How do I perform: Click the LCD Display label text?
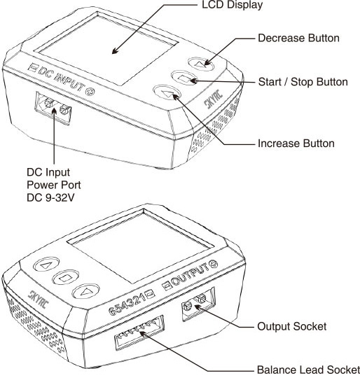click(x=232, y=6)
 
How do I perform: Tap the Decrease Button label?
click(x=298, y=38)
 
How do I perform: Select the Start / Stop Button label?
click(x=303, y=82)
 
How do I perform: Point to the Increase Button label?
click(x=296, y=143)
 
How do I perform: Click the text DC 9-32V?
click(x=50, y=198)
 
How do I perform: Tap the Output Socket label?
click(x=292, y=326)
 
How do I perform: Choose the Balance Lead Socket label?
click(x=308, y=370)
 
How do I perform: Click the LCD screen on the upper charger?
click(x=107, y=50)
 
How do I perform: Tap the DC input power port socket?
click(x=53, y=108)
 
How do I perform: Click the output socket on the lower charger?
click(x=198, y=304)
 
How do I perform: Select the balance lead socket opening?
click(x=139, y=333)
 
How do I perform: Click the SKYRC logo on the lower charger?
click(x=39, y=300)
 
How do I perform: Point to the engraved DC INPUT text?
click(x=61, y=78)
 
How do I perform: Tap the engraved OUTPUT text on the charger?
click(x=191, y=275)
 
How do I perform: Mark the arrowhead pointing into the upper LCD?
click(x=115, y=51)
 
